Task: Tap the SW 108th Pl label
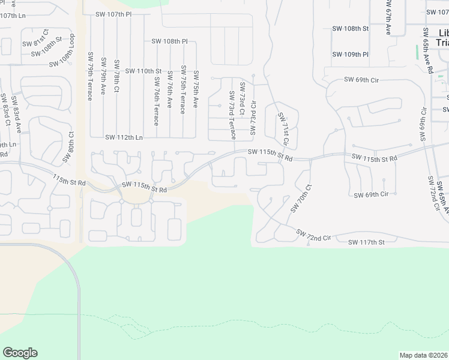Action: (x=170, y=41)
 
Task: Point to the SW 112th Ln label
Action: (x=124, y=137)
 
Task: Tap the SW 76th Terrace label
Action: (x=156, y=100)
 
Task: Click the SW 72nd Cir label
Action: (x=314, y=235)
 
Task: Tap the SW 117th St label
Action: (x=366, y=242)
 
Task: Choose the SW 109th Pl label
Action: (x=351, y=54)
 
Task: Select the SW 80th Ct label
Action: (x=68, y=148)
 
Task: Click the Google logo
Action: (x=20, y=353)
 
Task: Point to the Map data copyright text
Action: (x=423, y=355)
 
